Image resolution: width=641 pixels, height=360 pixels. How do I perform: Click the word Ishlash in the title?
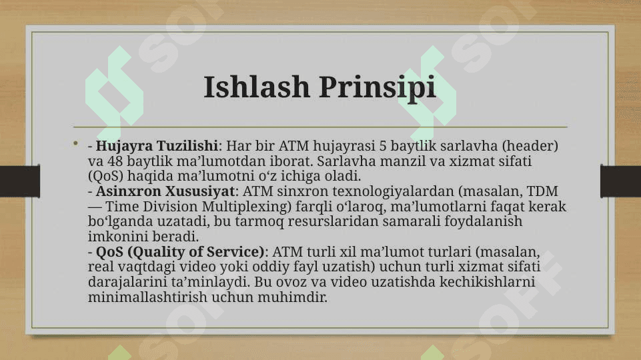[257, 87]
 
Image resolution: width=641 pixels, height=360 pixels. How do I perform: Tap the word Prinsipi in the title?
[378, 88]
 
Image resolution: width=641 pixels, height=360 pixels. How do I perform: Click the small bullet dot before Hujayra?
[75, 143]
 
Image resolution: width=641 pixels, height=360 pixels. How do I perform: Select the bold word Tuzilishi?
[187, 145]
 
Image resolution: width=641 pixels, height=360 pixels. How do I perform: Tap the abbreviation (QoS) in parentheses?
[105, 176]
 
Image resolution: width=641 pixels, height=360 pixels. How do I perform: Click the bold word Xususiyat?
[199, 191]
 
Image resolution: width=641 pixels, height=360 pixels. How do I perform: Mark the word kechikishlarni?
[487, 282]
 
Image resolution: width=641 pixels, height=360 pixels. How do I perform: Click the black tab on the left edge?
[20, 181]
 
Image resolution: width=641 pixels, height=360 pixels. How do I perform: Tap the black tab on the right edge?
[620, 181]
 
